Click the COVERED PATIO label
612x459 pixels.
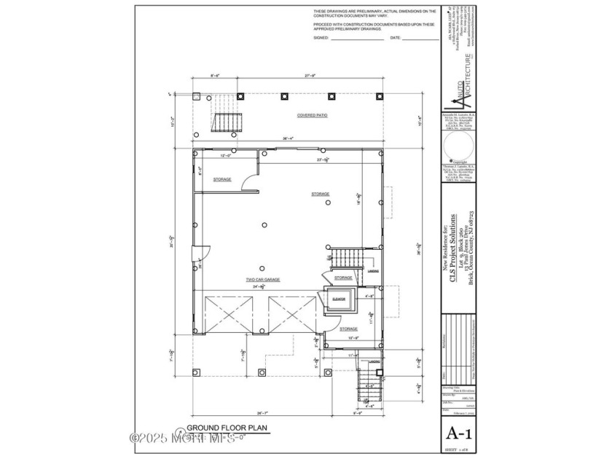(311, 116)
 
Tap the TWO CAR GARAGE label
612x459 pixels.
(262, 280)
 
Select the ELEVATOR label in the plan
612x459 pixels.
(338, 299)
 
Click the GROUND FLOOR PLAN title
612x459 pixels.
(220, 428)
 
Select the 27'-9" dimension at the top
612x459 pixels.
(311, 76)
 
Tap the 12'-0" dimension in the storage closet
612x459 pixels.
(226, 155)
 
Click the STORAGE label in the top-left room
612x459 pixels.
(222, 178)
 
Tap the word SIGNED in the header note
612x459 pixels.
(321, 37)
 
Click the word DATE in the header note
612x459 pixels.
(396, 37)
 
